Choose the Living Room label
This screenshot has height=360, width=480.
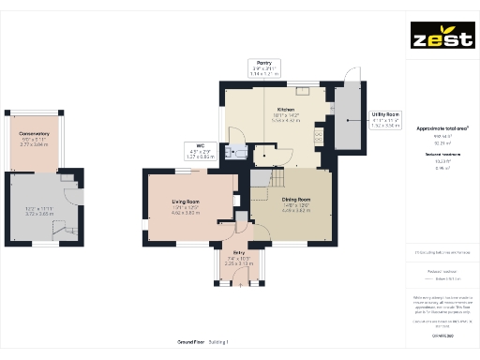coord(185,202)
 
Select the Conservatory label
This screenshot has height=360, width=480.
coord(35,133)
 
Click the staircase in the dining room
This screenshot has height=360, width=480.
coord(272,178)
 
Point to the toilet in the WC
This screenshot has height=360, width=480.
coord(241,155)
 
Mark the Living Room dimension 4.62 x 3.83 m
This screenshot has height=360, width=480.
coord(185,213)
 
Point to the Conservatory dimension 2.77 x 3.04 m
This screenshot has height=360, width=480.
coord(35,144)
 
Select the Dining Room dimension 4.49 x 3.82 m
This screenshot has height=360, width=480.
coord(297,211)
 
